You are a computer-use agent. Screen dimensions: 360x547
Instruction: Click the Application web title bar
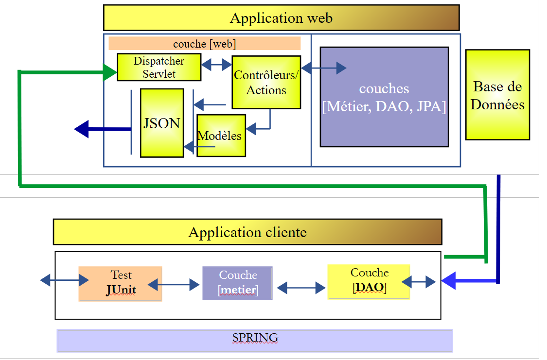pyautogui.click(x=281, y=18)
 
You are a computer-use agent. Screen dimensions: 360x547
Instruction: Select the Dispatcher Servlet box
pyautogui.click(x=159, y=67)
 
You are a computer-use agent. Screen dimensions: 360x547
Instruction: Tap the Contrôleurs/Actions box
pyautogui.click(x=266, y=82)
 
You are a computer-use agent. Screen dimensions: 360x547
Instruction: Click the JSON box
pyautogui.click(x=162, y=123)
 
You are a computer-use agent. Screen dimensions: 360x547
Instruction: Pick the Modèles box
pyautogui.click(x=221, y=136)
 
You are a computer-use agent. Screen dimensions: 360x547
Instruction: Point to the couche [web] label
pyautogui.click(x=204, y=44)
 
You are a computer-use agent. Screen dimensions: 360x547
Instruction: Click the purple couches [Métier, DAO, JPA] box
pyautogui.click(x=384, y=97)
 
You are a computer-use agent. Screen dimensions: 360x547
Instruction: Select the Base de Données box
pyautogui.click(x=497, y=95)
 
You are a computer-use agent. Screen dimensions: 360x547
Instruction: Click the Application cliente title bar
pyautogui.click(x=247, y=232)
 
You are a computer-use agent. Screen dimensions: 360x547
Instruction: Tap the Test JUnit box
pyautogui.click(x=121, y=284)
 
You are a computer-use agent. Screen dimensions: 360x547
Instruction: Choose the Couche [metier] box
pyautogui.click(x=238, y=283)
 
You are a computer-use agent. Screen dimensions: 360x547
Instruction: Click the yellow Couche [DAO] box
pyautogui.click(x=369, y=282)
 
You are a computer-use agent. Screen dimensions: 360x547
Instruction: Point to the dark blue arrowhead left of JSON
pyautogui.click(x=82, y=129)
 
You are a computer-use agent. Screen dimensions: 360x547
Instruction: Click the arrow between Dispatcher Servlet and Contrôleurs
pyautogui.click(x=216, y=64)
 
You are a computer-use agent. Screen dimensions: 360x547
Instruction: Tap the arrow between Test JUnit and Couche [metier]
pyautogui.click(x=174, y=285)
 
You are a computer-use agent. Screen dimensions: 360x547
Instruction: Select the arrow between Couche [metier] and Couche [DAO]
pyautogui.click(x=300, y=289)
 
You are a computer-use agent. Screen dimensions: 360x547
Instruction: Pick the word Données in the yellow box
pyautogui.click(x=497, y=104)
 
